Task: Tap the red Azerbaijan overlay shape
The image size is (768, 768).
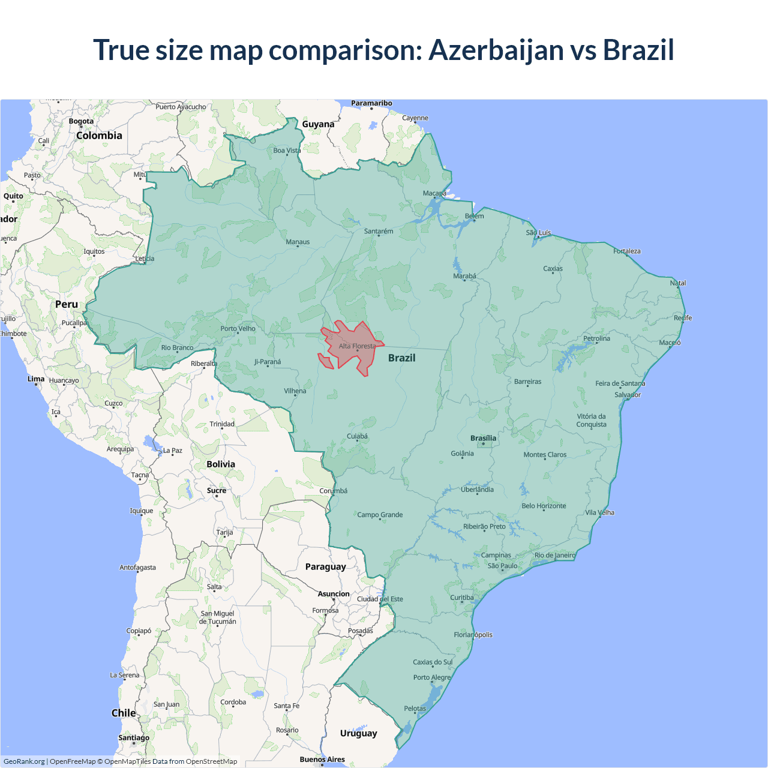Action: (351, 354)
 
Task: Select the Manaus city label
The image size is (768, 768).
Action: (298, 242)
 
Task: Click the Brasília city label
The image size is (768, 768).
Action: (483, 438)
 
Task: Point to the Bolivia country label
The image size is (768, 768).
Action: (221, 464)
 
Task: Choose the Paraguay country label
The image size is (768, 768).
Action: (325, 566)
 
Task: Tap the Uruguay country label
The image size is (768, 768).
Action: (358, 733)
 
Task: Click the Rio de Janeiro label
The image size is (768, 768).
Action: (554, 555)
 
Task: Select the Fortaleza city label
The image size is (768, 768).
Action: (627, 251)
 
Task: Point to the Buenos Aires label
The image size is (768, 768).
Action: (322, 759)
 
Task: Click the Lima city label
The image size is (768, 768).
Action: (36, 379)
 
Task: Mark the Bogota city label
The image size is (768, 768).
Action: (81, 121)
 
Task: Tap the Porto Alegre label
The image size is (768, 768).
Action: (431, 677)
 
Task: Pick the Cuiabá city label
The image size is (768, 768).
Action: (357, 436)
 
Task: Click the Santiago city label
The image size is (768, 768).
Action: (134, 737)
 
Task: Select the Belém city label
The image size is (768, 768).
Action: (474, 216)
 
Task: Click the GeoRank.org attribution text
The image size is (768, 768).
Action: (24, 761)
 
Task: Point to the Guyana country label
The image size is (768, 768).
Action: (318, 124)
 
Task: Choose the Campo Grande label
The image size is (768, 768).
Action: (380, 515)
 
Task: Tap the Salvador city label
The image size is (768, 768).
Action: (628, 395)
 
